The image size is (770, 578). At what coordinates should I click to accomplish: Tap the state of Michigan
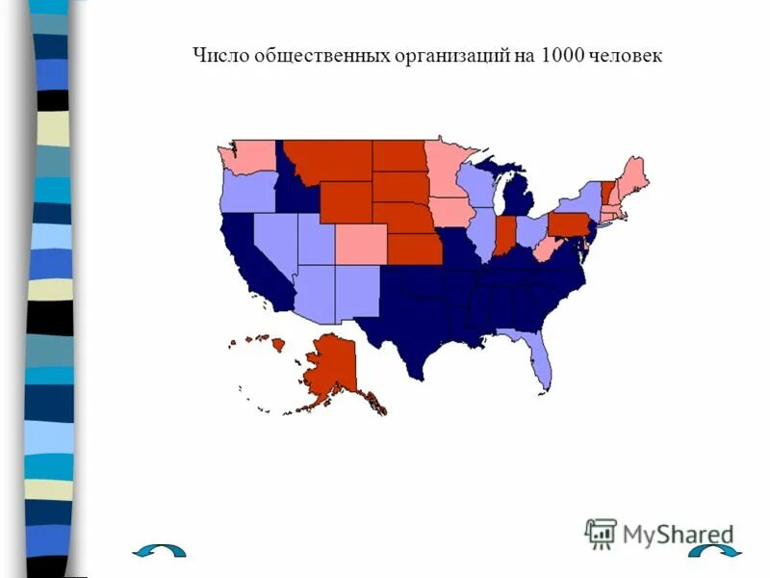521,201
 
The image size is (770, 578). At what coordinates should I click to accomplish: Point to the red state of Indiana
503,237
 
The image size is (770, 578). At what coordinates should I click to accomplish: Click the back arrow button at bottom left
160,551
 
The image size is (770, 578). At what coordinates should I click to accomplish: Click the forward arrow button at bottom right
716,551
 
